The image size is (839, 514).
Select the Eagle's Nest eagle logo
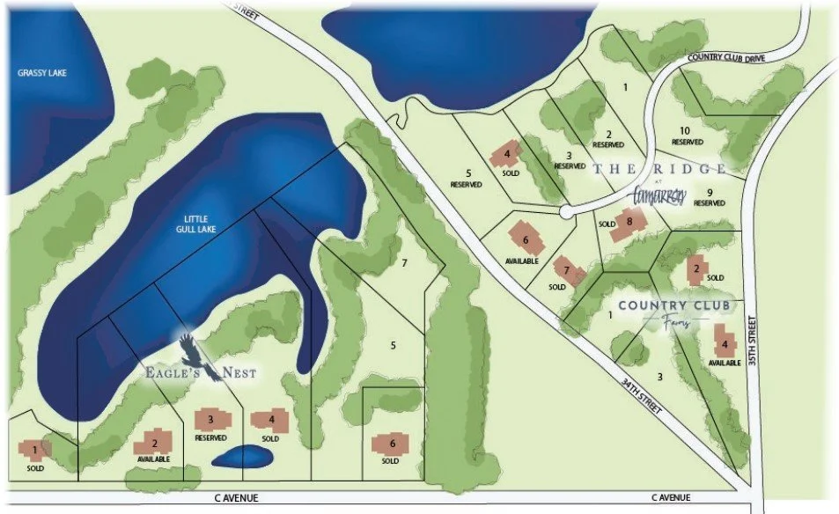(x=195, y=353)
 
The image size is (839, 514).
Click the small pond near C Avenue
(x=242, y=457)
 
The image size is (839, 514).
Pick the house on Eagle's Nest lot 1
(x=34, y=451)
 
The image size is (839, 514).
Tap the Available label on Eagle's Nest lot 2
(x=153, y=459)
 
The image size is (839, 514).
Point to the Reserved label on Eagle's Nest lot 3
(x=210, y=437)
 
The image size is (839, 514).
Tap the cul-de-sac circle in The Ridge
(x=568, y=211)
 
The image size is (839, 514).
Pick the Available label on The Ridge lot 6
(x=523, y=261)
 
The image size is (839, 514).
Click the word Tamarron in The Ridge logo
(x=659, y=195)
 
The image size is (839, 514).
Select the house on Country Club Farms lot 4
(x=725, y=344)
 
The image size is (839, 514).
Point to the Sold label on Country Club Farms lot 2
(x=715, y=278)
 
